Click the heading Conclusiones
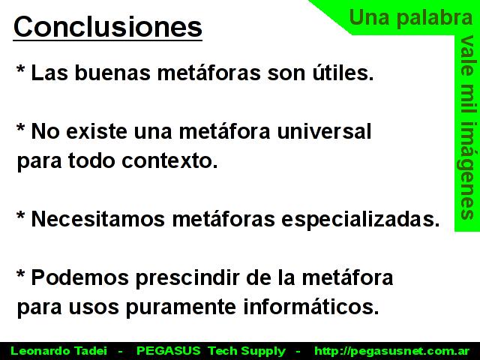[108, 27]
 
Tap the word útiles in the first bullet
[343, 73]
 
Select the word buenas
[112, 73]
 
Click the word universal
[324, 131]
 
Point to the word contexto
[169, 160]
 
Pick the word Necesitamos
[98, 219]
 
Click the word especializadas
[360, 220]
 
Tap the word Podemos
[80, 277]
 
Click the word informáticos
[311, 307]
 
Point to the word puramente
[181, 307]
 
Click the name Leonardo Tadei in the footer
[58, 351]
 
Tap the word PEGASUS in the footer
[168, 351]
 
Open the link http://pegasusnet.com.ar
[391, 351]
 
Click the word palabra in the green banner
[435, 18]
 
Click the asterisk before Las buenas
[20, 69]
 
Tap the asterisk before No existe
[20, 127]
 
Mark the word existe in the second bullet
[97, 131]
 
